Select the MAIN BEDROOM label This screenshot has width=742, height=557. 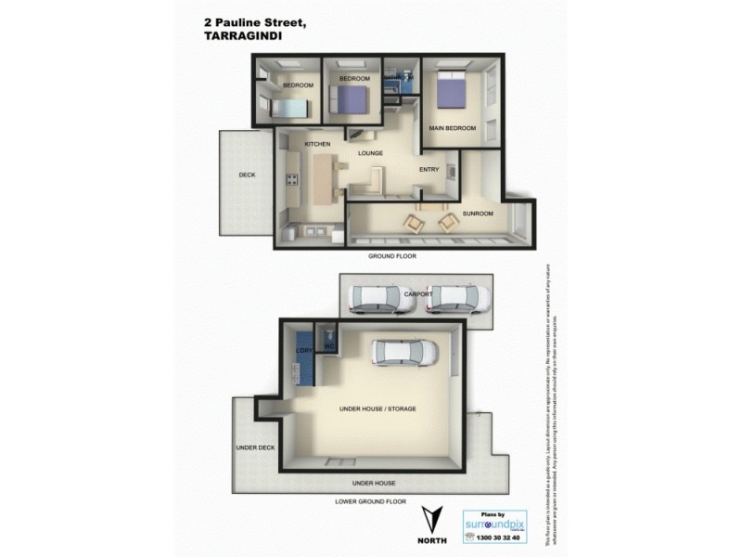click(452, 128)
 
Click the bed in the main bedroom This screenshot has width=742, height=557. click(450, 91)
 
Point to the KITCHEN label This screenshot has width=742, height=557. click(317, 145)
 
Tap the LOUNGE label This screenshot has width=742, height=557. click(371, 154)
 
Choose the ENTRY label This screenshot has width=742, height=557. click(429, 169)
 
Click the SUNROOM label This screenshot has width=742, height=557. click(477, 214)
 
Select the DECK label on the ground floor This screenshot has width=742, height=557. click(247, 175)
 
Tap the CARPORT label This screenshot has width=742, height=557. click(418, 294)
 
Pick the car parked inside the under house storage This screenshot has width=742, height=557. click(404, 353)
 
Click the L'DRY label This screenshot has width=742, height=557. click(302, 351)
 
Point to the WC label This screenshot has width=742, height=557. click(328, 346)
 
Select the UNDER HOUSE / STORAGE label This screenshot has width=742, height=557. click(377, 409)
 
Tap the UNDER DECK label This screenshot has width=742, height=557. click(255, 447)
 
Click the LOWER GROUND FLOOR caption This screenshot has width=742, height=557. click(370, 501)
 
